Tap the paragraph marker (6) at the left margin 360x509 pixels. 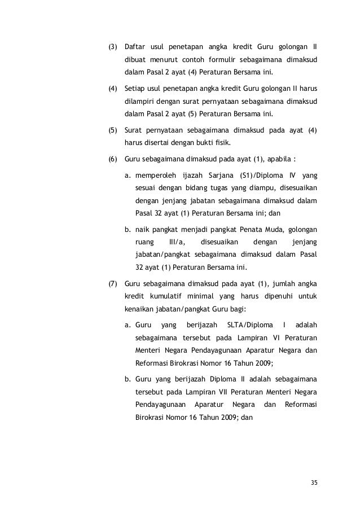coord(112,159)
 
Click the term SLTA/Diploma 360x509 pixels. coord(248,326)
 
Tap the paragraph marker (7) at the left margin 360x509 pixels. coord(112,283)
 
